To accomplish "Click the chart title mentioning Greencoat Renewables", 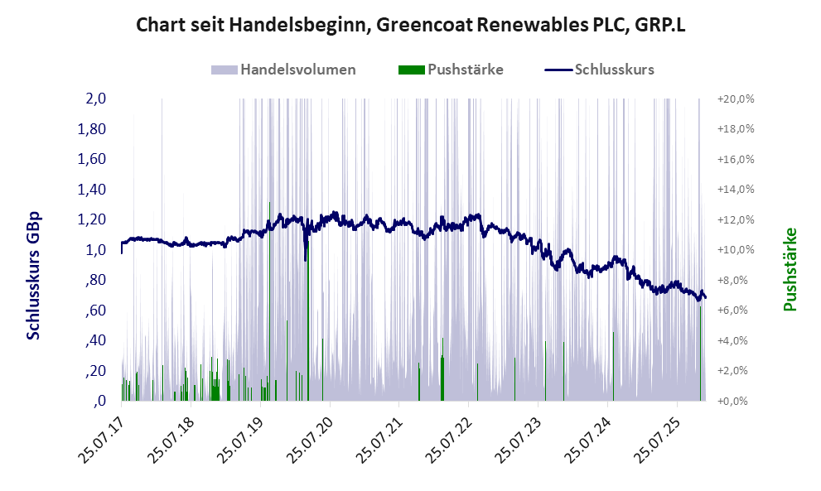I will (x=411, y=26).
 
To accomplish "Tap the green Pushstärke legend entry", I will (x=452, y=70).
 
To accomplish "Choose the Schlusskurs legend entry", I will (x=600, y=70).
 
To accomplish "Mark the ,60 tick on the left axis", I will (x=96, y=310).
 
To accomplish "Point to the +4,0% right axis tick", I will (x=736, y=340).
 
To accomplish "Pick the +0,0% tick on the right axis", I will (x=736, y=401).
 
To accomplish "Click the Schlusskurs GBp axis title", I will (x=34, y=276).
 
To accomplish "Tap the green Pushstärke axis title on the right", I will (x=790, y=269).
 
